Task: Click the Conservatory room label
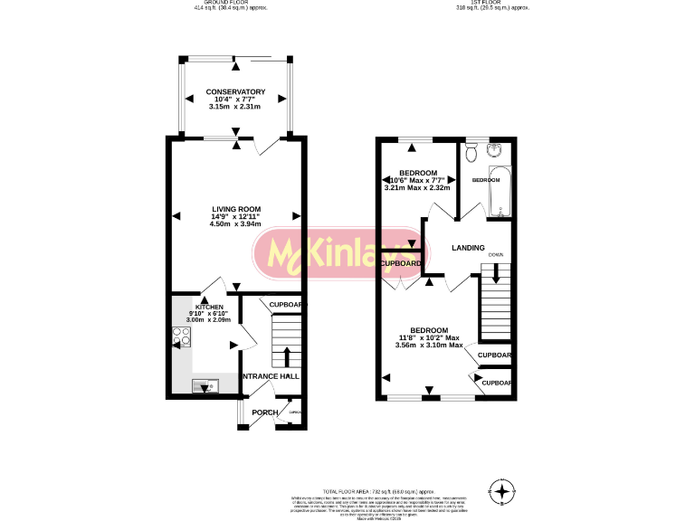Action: point(235,92)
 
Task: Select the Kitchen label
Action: point(196,308)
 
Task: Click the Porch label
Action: point(265,412)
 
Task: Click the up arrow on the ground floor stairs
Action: point(288,354)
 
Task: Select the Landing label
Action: point(468,248)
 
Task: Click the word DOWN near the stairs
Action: point(496,255)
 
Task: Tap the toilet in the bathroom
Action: point(469,154)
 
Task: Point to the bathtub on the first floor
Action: point(499,192)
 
